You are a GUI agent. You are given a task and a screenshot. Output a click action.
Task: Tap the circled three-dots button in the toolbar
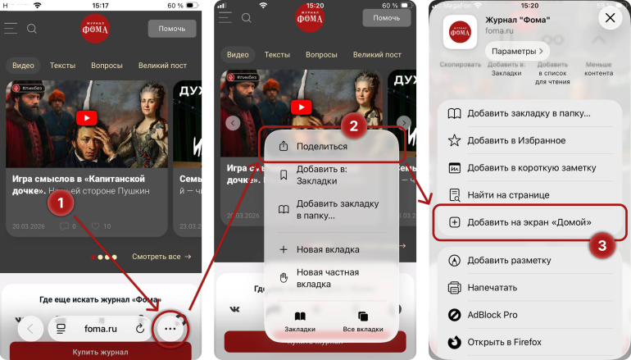[170, 329]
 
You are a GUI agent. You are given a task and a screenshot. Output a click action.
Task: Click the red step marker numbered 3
[602, 244]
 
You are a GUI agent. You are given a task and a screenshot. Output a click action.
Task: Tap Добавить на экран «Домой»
[529, 222]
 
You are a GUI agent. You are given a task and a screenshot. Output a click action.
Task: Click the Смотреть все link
[161, 257]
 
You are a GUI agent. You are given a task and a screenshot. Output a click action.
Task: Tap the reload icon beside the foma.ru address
[140, 329]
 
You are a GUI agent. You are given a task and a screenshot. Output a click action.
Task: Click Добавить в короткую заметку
[529, 167]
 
